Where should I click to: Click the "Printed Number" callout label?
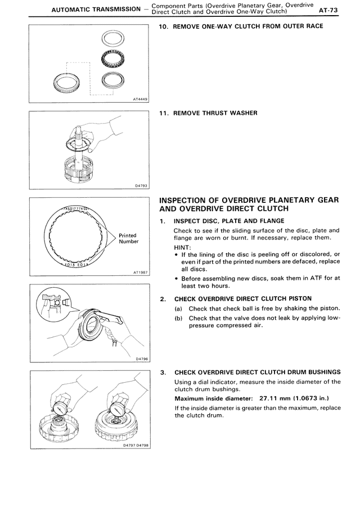click(128, 239)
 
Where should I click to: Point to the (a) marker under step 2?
click(178, 309)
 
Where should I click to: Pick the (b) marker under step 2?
click(178, 318)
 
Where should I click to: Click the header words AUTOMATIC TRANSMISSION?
click(96, 10)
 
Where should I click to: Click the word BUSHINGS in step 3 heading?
click(320, 372)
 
